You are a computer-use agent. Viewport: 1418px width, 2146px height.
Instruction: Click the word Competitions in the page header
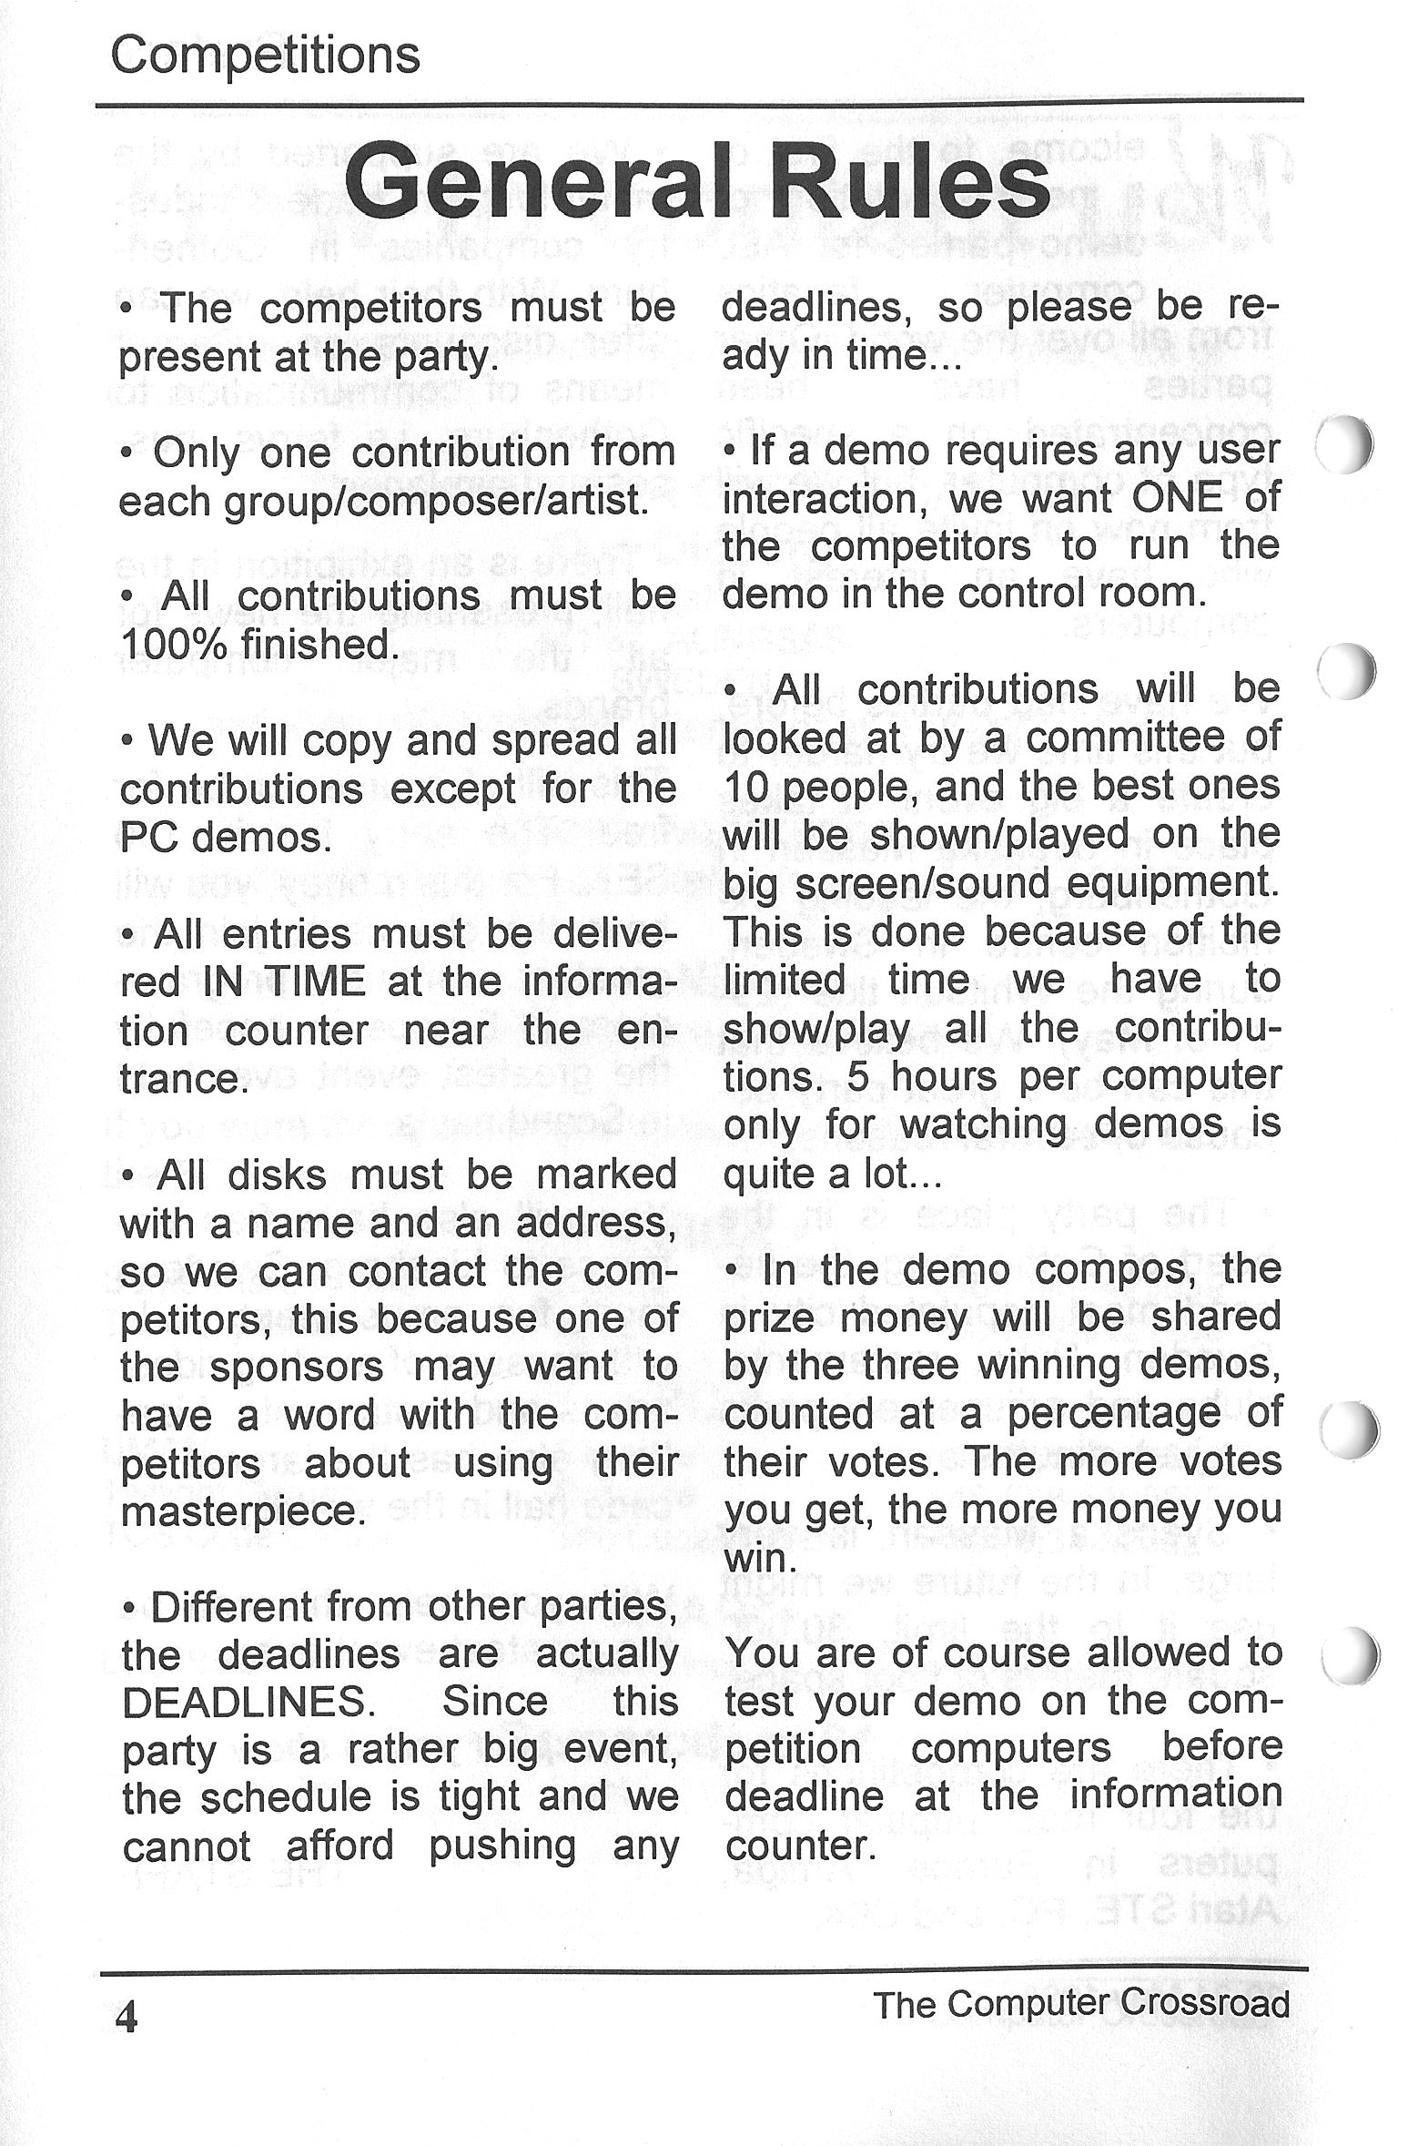point(265,56)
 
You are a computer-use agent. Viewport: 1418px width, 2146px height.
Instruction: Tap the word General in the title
point(538,183)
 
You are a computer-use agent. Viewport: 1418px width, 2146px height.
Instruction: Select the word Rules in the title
point(910,183)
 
